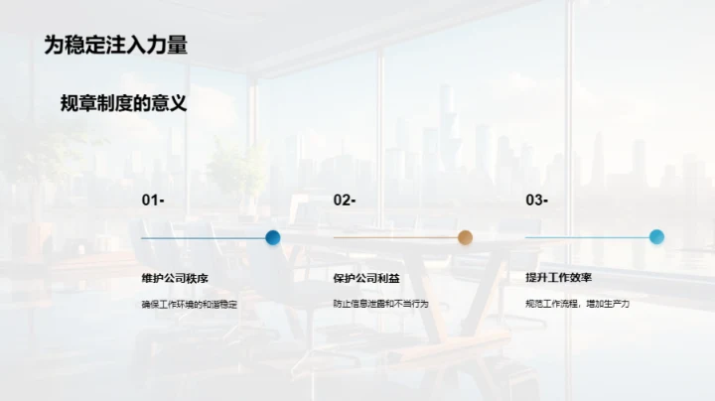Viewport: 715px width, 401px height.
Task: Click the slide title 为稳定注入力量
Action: click(116, 45)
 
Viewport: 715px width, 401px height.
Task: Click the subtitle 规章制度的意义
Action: click(123, 103)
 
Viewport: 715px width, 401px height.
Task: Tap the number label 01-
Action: click(153, 200)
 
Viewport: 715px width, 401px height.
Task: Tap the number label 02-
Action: click(345, 200)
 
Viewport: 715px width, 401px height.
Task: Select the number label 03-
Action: click(536, 200)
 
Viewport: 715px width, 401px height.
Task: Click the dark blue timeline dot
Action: click(273, 237)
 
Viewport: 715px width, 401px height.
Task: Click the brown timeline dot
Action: click(465, 237)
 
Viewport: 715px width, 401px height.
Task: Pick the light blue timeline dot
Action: click(656, 237)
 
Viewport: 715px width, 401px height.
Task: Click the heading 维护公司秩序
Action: click(174, 278)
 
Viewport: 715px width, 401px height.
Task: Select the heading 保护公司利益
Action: click(365, 278)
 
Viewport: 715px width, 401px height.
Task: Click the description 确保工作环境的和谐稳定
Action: click(190, 304)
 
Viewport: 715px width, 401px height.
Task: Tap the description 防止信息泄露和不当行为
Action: click(380, 304)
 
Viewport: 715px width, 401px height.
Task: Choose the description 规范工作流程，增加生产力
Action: click(578, 304)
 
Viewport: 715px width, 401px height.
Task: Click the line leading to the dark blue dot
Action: click(203, 238)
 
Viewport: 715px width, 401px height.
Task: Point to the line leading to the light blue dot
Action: click(587, 238)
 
